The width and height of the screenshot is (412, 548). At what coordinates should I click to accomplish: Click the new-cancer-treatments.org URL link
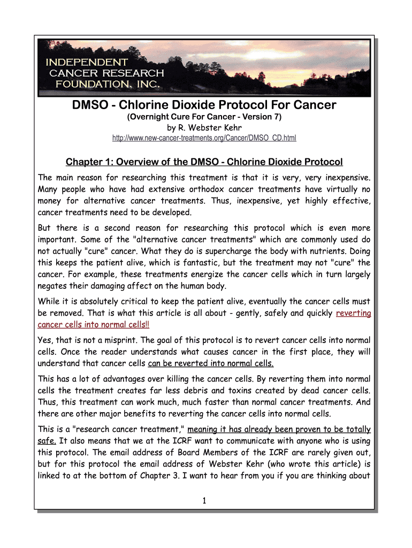[204, 139]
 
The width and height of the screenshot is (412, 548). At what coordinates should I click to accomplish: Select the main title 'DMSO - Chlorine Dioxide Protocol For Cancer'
[204, 105]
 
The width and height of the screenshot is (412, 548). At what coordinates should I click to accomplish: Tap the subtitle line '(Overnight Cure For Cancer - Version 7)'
[204, 117]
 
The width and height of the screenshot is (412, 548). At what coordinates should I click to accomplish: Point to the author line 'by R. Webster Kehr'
[204, 128]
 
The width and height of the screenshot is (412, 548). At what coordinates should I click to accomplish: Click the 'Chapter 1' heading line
[204, 162]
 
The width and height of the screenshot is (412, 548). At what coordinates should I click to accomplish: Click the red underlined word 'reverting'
[353, 313]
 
